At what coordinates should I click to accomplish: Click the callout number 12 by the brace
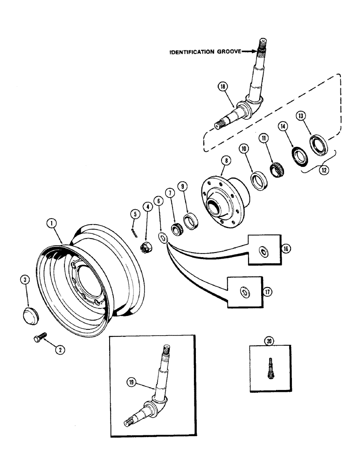click(323, 170)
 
